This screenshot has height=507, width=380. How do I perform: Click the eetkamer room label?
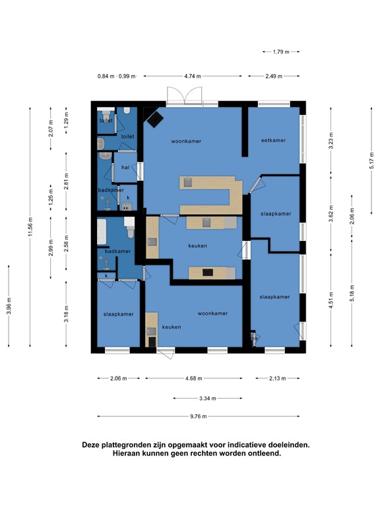273,141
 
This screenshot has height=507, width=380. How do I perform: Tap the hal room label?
125,167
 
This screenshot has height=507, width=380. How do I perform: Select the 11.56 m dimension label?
30,226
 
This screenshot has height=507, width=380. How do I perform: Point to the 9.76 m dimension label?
199,417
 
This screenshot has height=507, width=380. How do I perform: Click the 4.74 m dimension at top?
193,77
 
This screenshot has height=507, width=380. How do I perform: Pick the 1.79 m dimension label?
281,51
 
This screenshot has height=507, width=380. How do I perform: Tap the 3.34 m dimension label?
207,398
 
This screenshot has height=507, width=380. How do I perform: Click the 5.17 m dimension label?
372,160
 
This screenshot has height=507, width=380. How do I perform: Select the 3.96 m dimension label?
9,306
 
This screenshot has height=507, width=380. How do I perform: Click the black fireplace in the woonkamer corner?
155,119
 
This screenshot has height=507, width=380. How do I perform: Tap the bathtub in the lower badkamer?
102,232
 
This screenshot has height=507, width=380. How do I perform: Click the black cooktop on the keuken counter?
208,273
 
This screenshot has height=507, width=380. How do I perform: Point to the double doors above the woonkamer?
185,95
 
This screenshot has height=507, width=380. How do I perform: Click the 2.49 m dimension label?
274,77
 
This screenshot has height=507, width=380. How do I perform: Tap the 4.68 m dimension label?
194,378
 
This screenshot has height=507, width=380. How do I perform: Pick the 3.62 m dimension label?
331,214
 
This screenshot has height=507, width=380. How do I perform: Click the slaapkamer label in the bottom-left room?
119,314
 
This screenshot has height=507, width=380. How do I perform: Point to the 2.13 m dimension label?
278,378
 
